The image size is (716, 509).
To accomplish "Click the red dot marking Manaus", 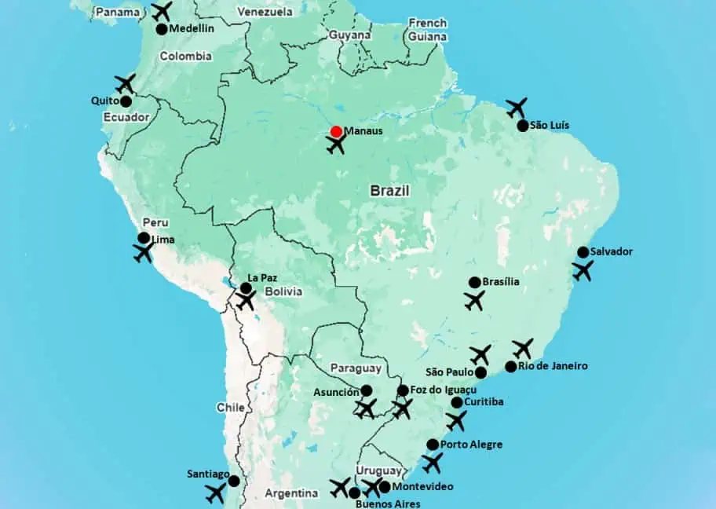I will [336, 132].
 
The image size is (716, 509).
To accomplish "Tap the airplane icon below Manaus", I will [337, 145].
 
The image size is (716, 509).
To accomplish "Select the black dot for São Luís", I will [523, 126].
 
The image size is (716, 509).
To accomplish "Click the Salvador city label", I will [612, 252].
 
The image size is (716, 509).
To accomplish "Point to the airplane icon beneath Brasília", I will [474, 300].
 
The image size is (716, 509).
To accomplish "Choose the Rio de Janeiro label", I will [553, 366].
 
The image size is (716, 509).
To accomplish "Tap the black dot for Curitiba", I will [457, 403].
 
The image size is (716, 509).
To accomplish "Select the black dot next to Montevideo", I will [385, 487].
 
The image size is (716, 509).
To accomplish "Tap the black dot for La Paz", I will [246, 288].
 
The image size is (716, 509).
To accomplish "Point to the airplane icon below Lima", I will [144, 252].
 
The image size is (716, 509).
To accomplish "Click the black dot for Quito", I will [126, 101].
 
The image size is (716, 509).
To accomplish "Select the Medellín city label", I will [192, 29].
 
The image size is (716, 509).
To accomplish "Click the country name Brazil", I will [391, 191].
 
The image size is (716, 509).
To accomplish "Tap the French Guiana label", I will [427, 30].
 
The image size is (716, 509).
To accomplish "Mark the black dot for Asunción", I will [366, 390].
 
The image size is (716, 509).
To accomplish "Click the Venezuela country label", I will [265, 12].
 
